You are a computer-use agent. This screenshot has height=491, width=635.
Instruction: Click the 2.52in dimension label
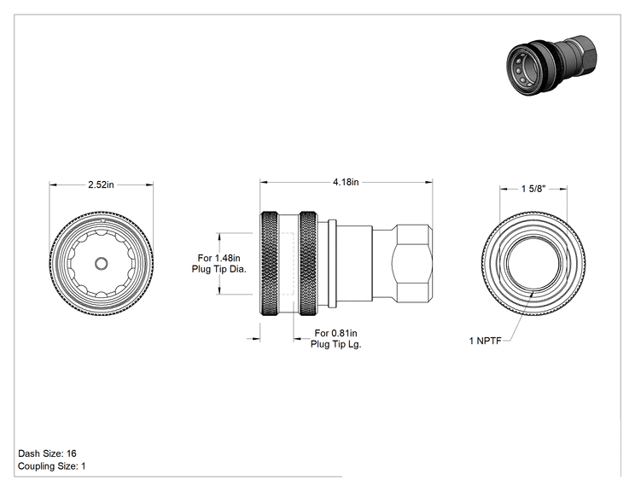coord(102,184)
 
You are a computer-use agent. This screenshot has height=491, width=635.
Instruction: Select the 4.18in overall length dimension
coord(346,182)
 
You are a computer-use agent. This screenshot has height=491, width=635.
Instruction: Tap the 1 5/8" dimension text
coord(533,189)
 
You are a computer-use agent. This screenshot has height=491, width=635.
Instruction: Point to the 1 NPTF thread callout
coord(485,341)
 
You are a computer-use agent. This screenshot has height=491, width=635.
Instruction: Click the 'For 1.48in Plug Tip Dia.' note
coord(219,263)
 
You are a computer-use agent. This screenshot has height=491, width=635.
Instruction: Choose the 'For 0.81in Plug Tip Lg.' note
coord(335,339)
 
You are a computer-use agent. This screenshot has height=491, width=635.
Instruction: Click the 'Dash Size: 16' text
coord(48,453)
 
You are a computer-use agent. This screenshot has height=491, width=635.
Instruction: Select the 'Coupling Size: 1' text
coord(52,466)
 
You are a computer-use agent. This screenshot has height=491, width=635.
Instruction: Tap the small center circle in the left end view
coord(102,264)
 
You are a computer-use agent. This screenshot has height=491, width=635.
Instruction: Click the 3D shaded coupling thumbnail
coord(551,66)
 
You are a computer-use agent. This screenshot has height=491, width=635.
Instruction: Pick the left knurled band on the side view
coord(270,263)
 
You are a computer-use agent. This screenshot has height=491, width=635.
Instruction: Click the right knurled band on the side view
coord(308,263)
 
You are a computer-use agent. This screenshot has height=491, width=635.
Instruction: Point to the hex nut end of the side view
coord(412,263)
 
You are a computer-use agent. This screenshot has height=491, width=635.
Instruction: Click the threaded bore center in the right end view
coord(533,263)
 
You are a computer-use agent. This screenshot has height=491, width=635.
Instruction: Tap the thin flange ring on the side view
coord(332,263)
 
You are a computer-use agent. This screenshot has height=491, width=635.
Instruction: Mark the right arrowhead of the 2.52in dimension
coord(149,185)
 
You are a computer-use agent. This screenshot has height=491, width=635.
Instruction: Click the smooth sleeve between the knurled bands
coord(288,263)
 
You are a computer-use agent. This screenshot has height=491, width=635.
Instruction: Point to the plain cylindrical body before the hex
coord(354,263)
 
